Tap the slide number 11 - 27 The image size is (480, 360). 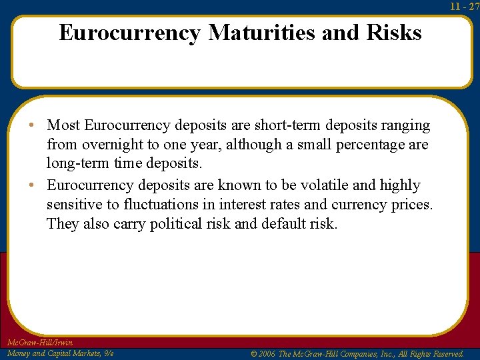point(465,6)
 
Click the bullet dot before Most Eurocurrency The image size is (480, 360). point(39,125)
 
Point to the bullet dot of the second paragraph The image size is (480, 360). point(39,185)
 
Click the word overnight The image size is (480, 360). point(112,145)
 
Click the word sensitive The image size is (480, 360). point(73,204)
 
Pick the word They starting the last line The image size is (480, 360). point(62,223)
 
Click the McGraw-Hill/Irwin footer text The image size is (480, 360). point(39,343)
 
